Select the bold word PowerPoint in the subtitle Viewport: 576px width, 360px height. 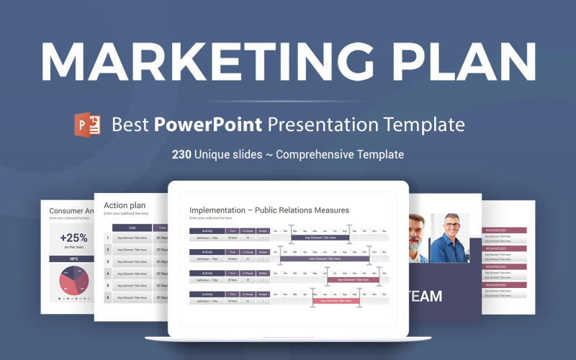coord(207,124)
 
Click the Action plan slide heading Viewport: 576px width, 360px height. coord(125,205)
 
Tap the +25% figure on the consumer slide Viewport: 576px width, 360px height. coord(73,238)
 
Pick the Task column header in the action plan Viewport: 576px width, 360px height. coord(132,228)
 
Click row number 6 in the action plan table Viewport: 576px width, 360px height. coord(108,298)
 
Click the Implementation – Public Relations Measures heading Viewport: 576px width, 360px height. coord(269,210)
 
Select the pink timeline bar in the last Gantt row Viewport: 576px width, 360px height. coord(338,301)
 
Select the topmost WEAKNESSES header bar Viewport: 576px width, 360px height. coord(504,230)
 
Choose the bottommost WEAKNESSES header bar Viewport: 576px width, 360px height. coord(504,284)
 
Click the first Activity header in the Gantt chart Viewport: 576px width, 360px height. coord(207,232)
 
